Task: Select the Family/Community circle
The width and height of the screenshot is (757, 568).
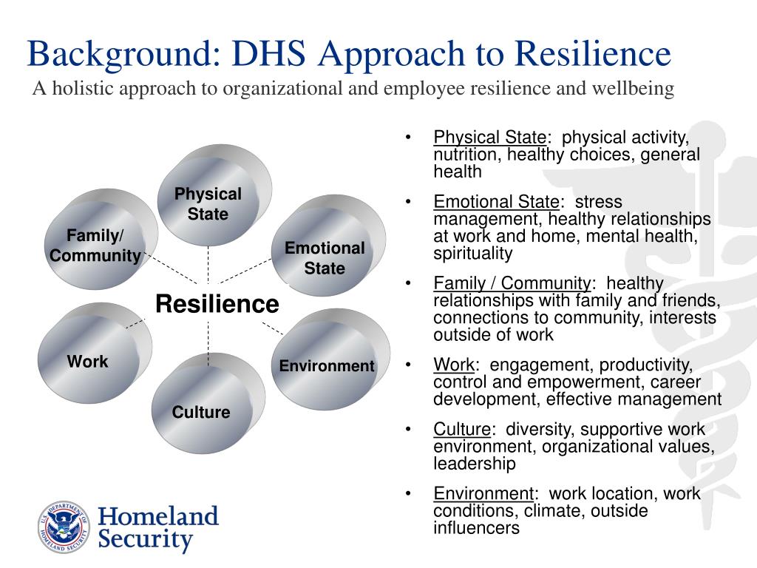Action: click(x=94, y=245)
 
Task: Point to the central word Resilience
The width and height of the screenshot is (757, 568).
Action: click(x=217, y=304)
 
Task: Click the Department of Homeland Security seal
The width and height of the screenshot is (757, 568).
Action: click(x=64, y=528)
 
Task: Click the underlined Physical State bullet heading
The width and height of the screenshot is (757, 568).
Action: click(x=489, y=138)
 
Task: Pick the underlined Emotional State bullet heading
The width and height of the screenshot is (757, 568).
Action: click(x=496, y=202)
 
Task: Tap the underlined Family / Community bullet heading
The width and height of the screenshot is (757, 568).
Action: click(x=512, y=284)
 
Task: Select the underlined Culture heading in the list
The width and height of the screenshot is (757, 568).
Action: click(x=462, y=430)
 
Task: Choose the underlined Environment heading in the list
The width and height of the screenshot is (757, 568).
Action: click(x=483, y=494)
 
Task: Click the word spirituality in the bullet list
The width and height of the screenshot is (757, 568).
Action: click(x=472, y=254)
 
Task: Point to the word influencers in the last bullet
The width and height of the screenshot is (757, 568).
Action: click(x=477, y=528)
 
